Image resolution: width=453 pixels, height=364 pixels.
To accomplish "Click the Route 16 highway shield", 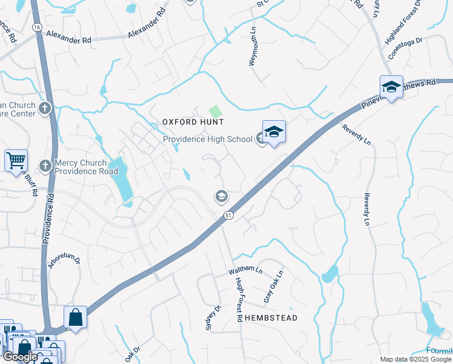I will [x=38, y=28].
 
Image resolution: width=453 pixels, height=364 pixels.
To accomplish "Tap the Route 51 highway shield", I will [x=228, y=215].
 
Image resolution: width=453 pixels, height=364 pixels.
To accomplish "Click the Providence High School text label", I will [x=208, y=140].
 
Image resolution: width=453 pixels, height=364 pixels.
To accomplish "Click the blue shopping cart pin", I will [x=16, y=161].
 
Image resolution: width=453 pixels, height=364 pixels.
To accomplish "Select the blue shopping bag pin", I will [x=75, y=317].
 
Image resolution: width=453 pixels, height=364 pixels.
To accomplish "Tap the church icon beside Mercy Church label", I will [x=45, y=166].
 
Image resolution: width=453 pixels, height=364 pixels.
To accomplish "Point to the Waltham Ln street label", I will [x=245, y=271].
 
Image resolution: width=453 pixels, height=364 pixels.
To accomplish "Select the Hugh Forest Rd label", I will [x=239, y=297].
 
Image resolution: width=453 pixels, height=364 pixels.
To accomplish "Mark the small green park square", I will [x=215, y=112].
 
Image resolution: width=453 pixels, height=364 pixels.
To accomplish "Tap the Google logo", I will [x=20, y=357].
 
